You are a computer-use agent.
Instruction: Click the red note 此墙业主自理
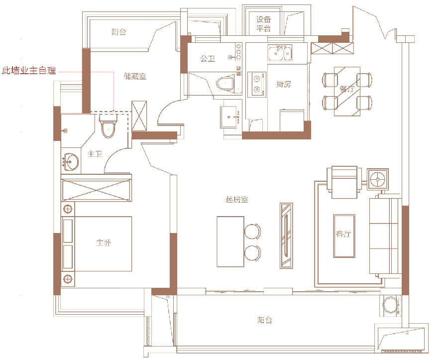click(x=29, y=71)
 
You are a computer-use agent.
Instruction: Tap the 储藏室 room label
click(x=135, y=76)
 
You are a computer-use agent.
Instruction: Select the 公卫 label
click(x=208, y=59)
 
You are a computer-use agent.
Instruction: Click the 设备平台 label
click(x=263, y=24)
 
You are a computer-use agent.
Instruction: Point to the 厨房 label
click(x=283, y=84)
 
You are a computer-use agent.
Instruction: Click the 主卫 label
click(x=95, y=154)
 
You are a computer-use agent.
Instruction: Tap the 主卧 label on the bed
click(x=104, y=243)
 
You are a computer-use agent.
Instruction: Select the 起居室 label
click(x=236, y=200)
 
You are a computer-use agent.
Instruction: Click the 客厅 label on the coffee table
click(x=343, y=234)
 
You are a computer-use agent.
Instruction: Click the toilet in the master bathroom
click(x=109, y=126)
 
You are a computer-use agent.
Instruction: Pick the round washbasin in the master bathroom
click(x=70, y=162)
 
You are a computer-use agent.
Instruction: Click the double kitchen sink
click(x=280, y=53)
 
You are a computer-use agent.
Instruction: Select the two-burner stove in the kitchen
click(x=257, y=84)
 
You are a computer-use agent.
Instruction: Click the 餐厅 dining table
click(x=347, y=92)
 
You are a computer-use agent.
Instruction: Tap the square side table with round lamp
click(x=378, y=179)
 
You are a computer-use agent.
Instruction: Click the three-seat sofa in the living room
click(x=384, y=236)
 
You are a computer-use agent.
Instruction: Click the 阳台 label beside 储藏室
click(x=118, y=32)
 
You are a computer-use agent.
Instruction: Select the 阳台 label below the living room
click(x=265, y=320)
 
